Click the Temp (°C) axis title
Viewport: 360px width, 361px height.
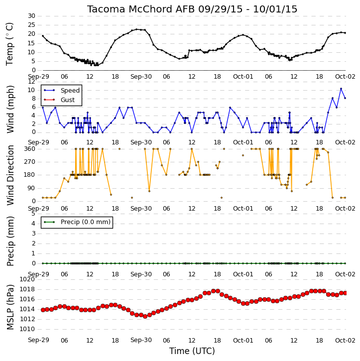[9, 44]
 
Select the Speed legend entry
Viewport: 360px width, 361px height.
[62, 90]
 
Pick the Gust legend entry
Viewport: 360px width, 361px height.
[59, 100]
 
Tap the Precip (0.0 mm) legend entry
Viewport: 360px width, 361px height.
[77, 222]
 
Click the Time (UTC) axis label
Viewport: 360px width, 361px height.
[192, 351]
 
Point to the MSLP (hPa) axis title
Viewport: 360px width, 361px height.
[10, 307]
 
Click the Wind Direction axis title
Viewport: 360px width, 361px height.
[10, 175]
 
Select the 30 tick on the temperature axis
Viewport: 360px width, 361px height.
[31, 16]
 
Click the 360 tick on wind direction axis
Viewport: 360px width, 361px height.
[30, 149]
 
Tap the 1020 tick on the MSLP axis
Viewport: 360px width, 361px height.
[27, 279]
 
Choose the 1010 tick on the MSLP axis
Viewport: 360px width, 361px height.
[27, 329]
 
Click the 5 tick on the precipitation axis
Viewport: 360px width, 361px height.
[33, 214]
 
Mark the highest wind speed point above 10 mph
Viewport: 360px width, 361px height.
[341, 89]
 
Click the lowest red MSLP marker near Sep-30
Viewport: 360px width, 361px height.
[145, 316]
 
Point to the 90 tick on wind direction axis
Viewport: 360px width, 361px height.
[31, 188]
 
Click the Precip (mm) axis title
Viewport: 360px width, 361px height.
[10, 241]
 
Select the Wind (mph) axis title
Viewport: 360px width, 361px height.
[10, 109]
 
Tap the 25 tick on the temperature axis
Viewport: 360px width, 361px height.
[31, 25]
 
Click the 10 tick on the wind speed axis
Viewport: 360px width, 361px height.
[31, 90]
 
